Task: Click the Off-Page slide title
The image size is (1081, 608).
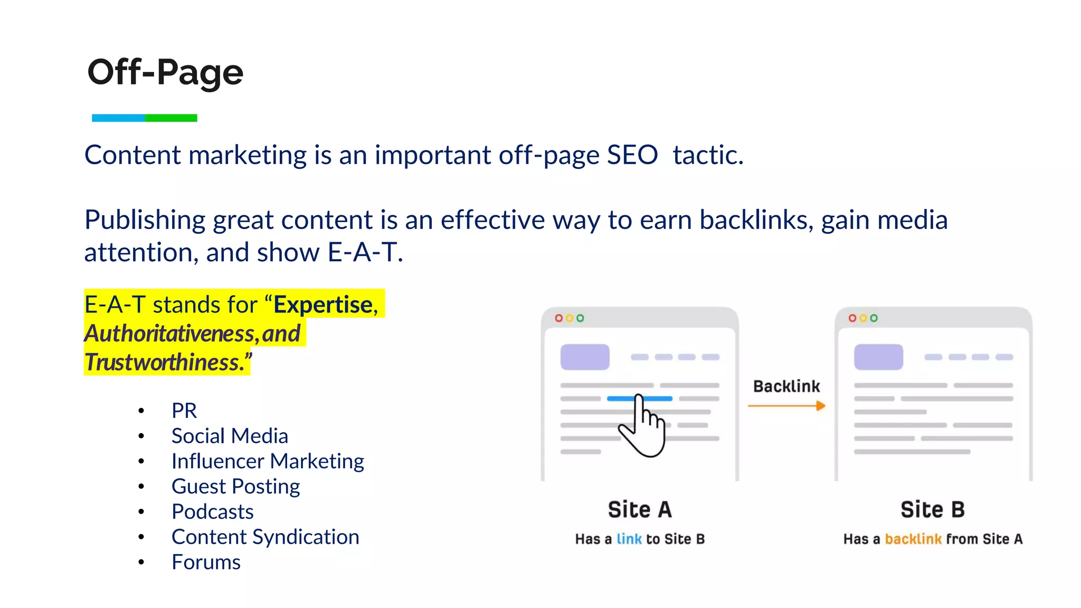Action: tap(165, 72)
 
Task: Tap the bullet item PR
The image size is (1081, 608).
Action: tap(184, 411)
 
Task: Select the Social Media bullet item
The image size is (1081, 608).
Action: tap(230, 436)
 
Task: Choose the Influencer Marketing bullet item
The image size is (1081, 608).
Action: tap(268, 461)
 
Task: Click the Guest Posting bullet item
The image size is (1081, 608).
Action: tap(235, 487)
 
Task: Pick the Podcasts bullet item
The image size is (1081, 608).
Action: tap(213, 512)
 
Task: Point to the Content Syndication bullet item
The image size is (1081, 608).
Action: tap(265, 537)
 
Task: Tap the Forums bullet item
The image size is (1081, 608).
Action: tap(206, 563)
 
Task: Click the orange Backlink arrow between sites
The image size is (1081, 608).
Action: tap(786, 406)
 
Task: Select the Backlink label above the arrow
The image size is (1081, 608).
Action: tap(786, 386)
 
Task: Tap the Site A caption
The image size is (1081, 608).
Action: tap(640, 510)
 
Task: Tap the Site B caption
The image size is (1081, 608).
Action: tap(933, 510)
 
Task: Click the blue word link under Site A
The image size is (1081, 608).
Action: tap(629, 539)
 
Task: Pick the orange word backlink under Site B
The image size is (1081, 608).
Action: tap(913, 539)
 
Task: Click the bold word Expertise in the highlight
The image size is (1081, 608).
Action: tap(323, 305)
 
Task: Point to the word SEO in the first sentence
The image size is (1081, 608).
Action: tap(632, 155)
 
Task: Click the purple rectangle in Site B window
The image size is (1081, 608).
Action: tap(878, 357)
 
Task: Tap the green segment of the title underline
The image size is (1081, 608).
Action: tap(171, 118)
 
